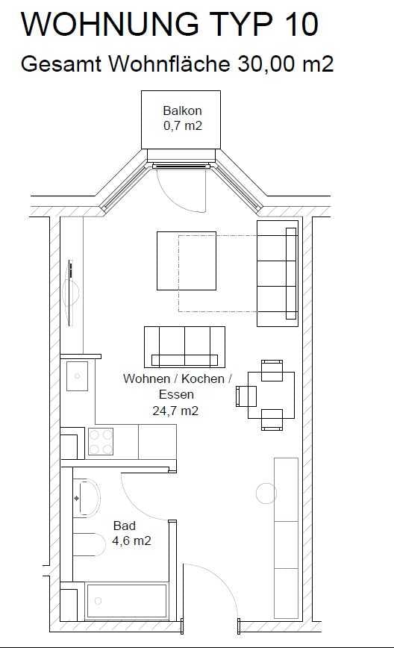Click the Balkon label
[182, 110]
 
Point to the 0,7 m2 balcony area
[183, 125]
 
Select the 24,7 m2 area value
[175, 411]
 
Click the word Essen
[176, 394]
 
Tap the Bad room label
[125, 526]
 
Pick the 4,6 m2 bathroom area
[131, 540]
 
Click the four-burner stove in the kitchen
[100, 441]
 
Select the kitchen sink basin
[77, 376]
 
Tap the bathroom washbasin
[87, 499]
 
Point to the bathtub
[126, 601]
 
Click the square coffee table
[187, 261]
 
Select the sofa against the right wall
[278, 273]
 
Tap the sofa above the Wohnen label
[184, 347]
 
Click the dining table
[271, 395]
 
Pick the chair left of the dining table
[246, 396]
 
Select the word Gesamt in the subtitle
[61, 64]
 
